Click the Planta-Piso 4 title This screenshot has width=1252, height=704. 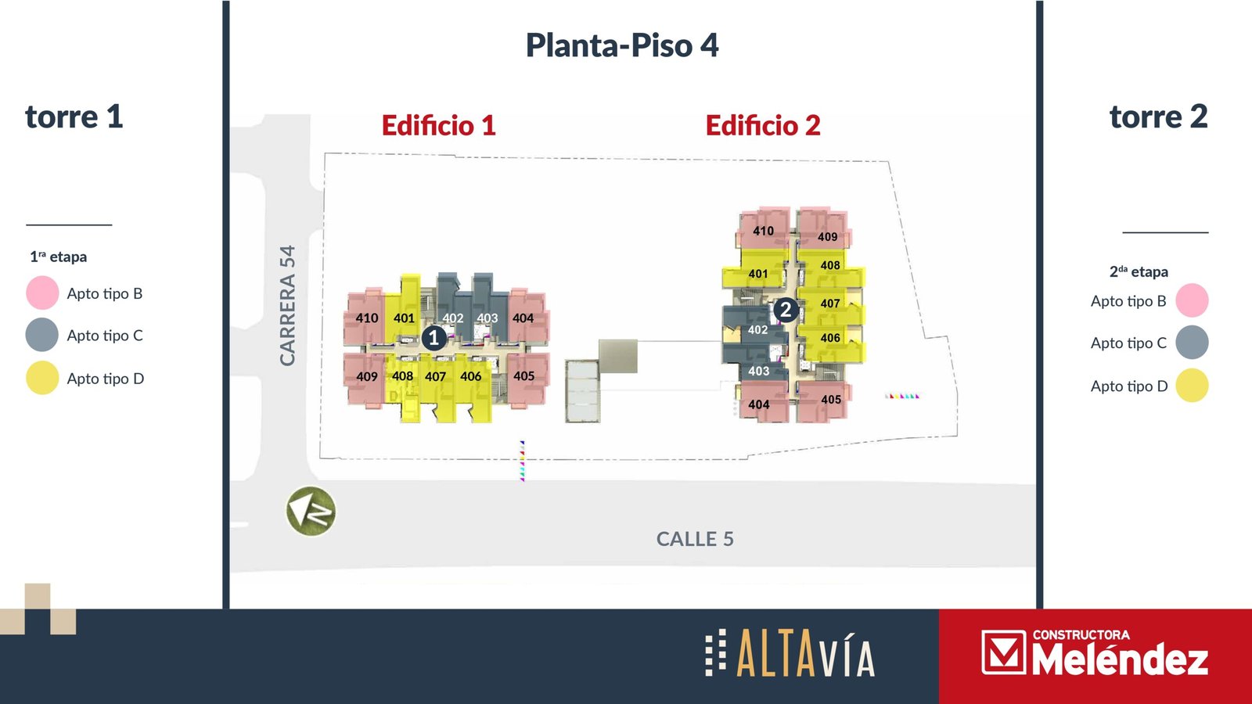pos(622,45)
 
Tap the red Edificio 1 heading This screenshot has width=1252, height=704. pos(439,125)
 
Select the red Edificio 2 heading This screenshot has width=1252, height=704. pos(763,125)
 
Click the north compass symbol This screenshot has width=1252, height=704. pos(311,512)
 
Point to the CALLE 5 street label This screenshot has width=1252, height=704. pos(695,539)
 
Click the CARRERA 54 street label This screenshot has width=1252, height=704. pos(287,306)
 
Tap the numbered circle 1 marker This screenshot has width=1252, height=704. pos(434,338)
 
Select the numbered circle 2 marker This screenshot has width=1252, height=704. pos(786,310)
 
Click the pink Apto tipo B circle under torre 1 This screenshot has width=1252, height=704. pos(42,293)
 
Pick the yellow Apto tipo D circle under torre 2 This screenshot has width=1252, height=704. pos(1193,386)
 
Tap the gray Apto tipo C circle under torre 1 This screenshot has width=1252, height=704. pos(42,335)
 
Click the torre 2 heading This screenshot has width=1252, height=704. pos(1159,117)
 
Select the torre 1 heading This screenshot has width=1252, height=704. pos(74,117)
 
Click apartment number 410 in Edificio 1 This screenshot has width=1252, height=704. pos(367,318)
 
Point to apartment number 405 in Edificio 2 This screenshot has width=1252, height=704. pos(831,400)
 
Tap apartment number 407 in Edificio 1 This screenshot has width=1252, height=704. pos(435,376)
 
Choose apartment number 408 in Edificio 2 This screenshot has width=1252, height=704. pos(830,265)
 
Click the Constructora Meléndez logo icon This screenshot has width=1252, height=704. pos(1004,652)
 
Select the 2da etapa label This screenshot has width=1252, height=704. pos(1139,271)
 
